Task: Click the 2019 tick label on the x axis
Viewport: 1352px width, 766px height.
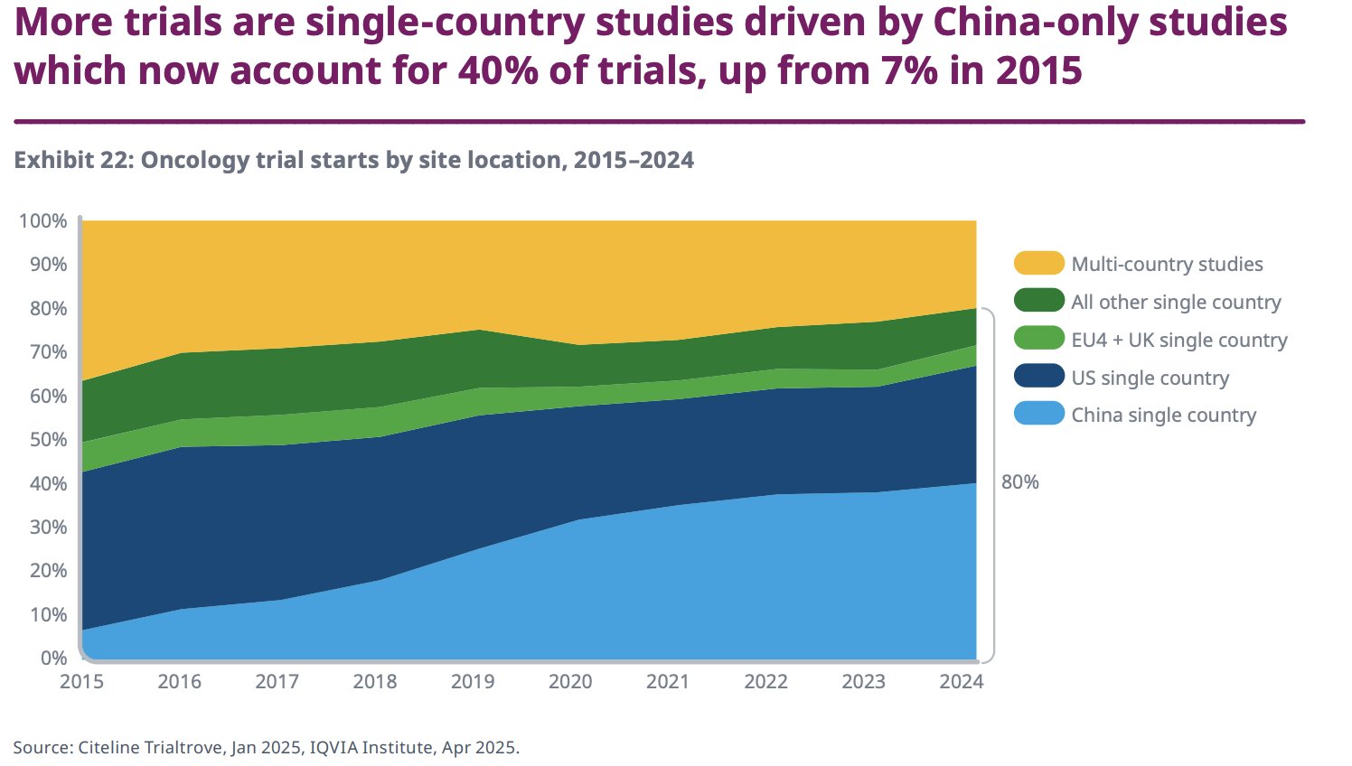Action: pyautogui.click(x=473, y=681)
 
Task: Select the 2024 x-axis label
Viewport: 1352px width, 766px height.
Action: pyautogui.click(x=961, y=681)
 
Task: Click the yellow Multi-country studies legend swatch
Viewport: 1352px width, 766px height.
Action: pyautogui.click(x=1038, y=264)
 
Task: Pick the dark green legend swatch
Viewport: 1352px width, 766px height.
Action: pyautogui.click(x=1038, y=302)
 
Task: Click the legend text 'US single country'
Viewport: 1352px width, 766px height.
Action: pyautogui.click(x=1150, y=378)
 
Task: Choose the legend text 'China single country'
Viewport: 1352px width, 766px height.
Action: pyautogui.click(x=1163, y=416)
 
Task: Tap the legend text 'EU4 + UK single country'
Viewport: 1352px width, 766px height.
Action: pyautogui.click(x=1178, y=340)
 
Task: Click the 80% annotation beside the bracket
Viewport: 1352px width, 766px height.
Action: pyautogui.click(x=1019, y=482)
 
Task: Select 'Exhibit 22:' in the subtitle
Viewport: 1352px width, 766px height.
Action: pyautogui.click(x=73, y=160)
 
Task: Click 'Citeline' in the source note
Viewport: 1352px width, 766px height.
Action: pyautogui.click(x=109, y=748)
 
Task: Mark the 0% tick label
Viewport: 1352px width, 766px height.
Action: pyautogui.click(x=53, y=658)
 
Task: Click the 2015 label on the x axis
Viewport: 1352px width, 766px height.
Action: pyautogui.click(x=81, y=681)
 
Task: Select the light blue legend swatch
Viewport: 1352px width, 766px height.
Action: pyautogui.click(x=1038, y=416)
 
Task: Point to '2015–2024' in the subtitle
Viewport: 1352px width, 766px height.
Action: pyautogui.click(x=634, y=160)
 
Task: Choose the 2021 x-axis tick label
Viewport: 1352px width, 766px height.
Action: pyautogui.click(x=668, y=681)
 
